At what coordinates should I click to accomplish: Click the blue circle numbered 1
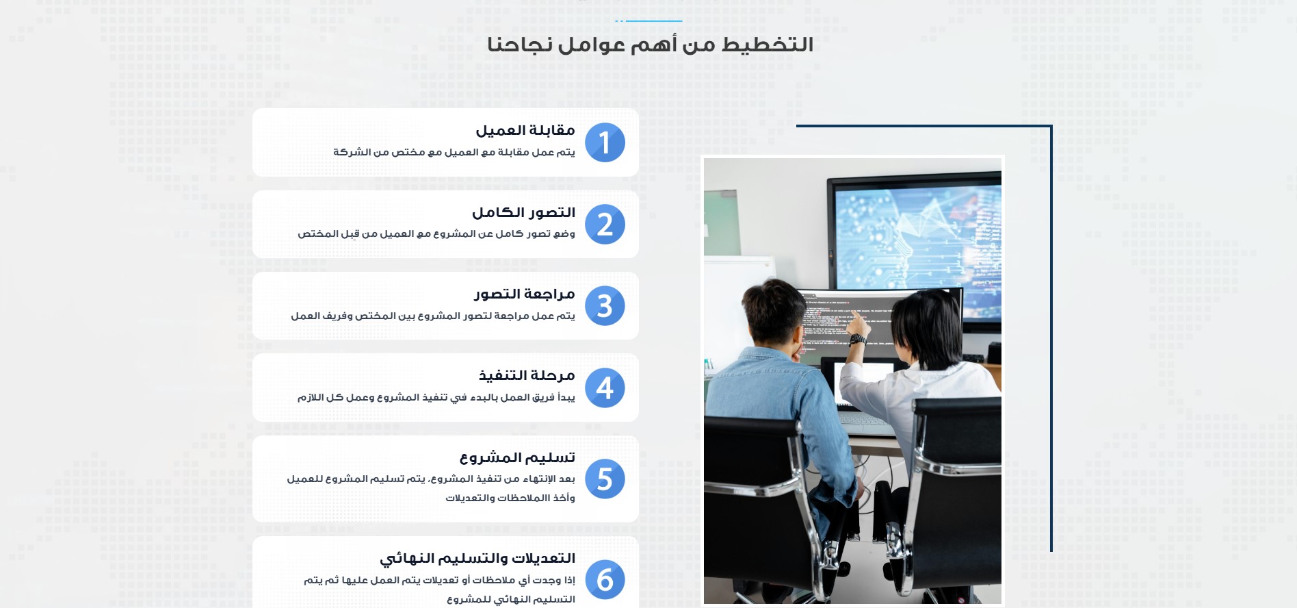605,142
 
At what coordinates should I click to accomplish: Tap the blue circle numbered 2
605,225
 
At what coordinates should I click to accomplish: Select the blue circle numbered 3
605,306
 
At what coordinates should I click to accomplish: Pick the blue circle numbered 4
605,388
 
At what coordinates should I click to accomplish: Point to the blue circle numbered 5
605,479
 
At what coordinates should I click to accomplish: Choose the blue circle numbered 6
605,580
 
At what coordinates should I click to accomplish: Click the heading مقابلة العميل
525,130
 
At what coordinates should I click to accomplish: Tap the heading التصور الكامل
523,212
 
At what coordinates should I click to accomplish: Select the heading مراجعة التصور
525,294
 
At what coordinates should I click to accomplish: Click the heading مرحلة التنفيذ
527,375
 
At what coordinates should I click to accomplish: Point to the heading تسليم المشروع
517,457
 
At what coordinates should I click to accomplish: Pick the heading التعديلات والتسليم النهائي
477,559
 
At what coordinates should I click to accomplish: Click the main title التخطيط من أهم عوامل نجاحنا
650,45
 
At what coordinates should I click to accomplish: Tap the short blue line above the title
648,21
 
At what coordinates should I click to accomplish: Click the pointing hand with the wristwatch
856,333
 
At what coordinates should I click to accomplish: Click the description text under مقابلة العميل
454,152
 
